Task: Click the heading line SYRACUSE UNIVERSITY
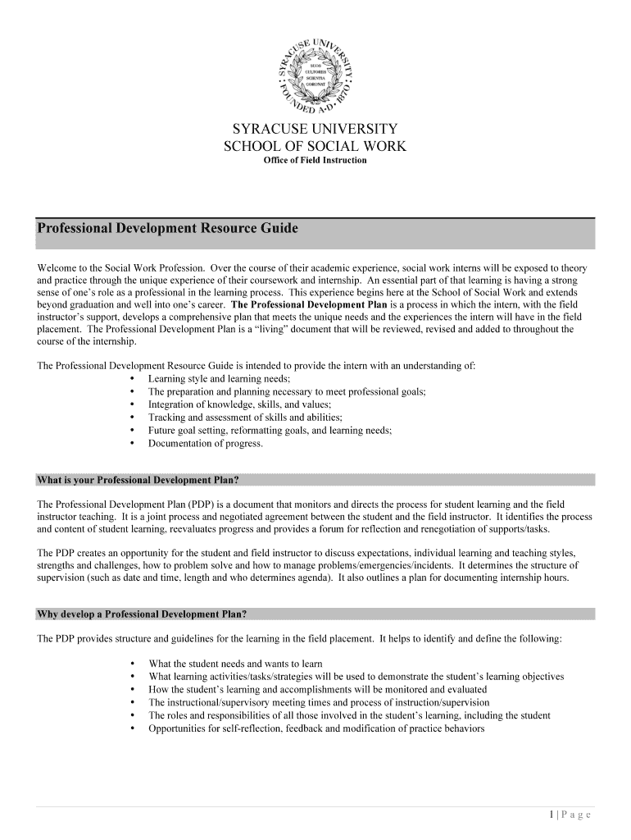click(x=315, y=130)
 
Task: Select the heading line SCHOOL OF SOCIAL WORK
click(x=315, y=146)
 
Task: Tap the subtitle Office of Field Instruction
click(x=315, y=160)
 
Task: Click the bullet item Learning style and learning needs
click(x=219, y=379)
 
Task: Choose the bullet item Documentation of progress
click(x=205, y=444)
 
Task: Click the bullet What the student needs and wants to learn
click(x=235, y=664)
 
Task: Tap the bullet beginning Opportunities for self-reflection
click(x=316, y=728)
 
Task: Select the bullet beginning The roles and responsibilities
click(x=349, y=715)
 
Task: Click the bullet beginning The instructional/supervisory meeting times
click(x=319, y=702)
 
